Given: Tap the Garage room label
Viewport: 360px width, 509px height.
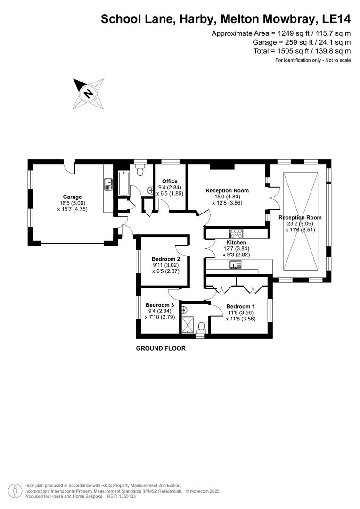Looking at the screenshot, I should pyautogui.click(x=73, y=197).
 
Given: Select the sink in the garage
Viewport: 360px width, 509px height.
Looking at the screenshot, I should pyautogui.click(x=108, y=184).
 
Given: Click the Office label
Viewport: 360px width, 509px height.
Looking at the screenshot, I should pyautogui.click(x=170, y=181).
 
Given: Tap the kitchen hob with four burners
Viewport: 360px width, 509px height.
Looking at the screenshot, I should pyautogui.click(x=236, y=233).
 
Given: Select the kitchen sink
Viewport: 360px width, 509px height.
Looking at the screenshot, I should pyautogui.click(x=236, y=266).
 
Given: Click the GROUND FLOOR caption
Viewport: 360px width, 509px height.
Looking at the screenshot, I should pyautogui.click(x=161, y=349).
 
